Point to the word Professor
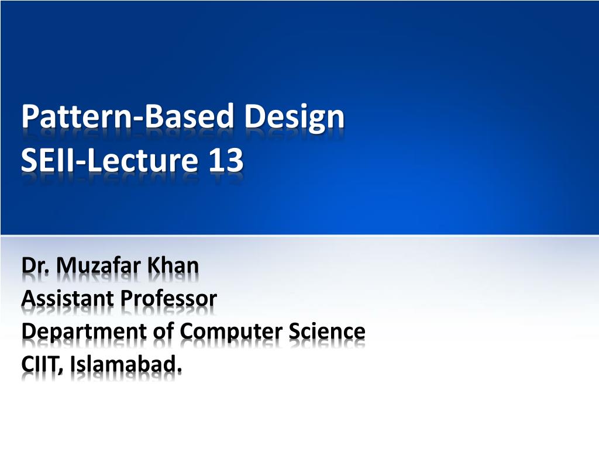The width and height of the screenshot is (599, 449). (169, 298)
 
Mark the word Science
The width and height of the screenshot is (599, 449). (326, 331)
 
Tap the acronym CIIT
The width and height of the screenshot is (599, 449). (42, 364)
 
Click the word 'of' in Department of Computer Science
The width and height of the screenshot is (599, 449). (163, 331)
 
